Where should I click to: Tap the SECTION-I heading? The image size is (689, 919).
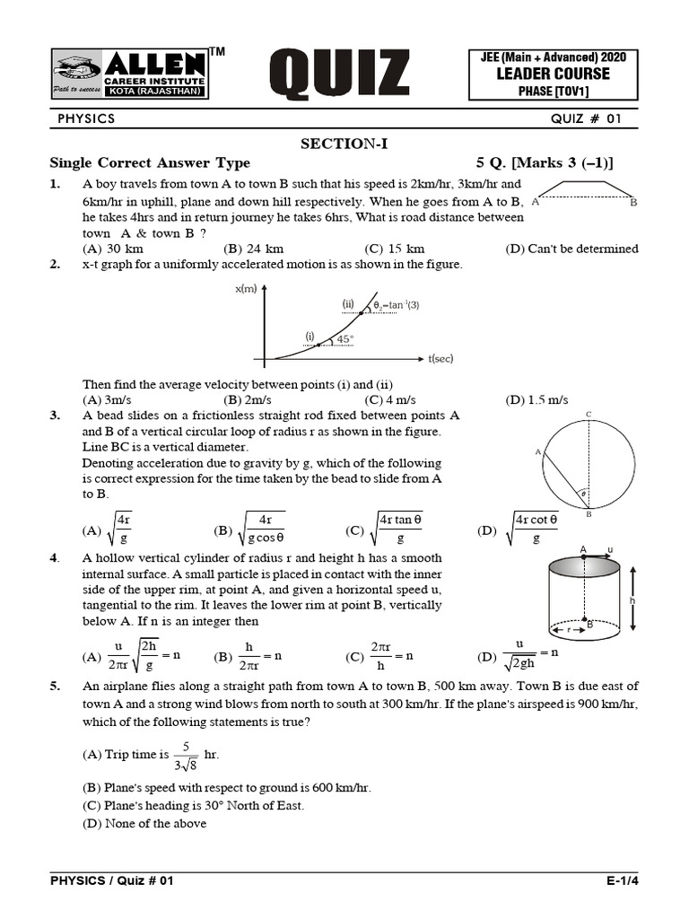pos(344,144)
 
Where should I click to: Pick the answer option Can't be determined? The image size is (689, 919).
pos(571,249)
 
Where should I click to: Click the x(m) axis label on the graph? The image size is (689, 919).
pos(245,288)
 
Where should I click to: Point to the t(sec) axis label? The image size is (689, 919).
pos(441,359)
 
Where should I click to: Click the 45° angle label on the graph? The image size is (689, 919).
pos(344,339)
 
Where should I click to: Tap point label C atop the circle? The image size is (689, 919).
pos(589,414)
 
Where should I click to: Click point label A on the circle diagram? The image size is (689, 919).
pos(538,452)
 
